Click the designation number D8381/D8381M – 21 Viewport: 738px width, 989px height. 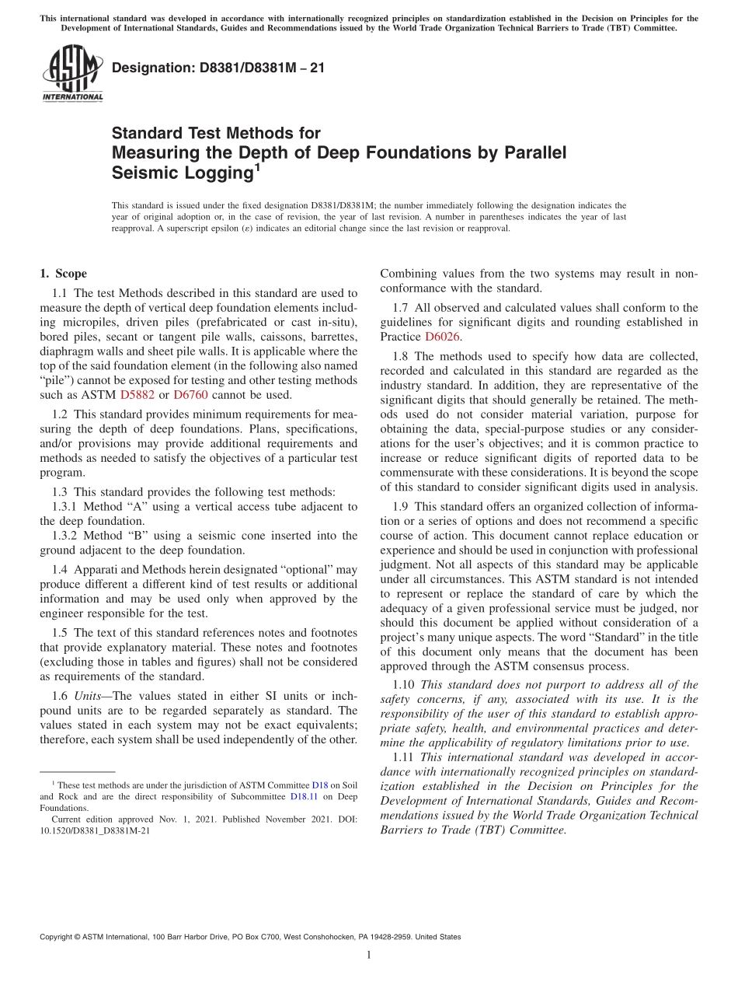point(218,68)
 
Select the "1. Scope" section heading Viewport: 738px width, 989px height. point(63,274)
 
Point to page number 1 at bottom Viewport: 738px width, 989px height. point(369,955)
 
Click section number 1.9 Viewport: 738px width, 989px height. point(402,507)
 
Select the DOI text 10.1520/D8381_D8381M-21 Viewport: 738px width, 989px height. point(95,830)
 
